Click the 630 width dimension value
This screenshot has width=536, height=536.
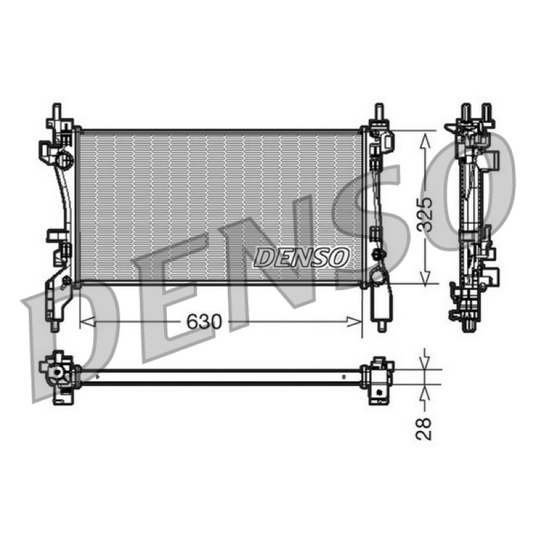204,322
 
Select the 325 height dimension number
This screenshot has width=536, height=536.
425,214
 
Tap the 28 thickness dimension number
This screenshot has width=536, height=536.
424,429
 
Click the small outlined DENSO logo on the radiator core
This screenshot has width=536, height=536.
301,257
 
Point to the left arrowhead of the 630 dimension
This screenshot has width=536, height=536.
88,322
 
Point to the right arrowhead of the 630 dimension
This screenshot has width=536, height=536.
354,322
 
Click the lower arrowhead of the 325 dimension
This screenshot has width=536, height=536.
425,276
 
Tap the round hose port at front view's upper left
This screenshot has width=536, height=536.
64,159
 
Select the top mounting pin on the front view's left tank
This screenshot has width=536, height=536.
57,111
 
